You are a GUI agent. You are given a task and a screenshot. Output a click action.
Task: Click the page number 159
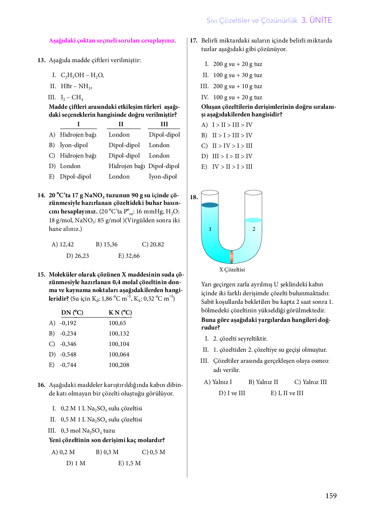pyautogui.click(x=331, y=496)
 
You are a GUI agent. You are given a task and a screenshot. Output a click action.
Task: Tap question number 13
pyautogui.click(x=41, y=60)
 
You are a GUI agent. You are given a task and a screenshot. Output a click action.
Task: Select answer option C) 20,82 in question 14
pyautogui.click(x=153, y=244)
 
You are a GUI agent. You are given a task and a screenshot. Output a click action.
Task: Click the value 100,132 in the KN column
pyautogui.click(x=119, y=334)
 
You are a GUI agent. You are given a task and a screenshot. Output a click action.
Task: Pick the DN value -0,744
pyautogui.click(x=68, y=365)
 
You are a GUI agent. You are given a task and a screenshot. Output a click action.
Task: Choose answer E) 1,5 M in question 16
pyautogui.click(x=129, y=463)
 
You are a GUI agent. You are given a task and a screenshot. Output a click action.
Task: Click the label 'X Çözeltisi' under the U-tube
pyautogui.click(x=232, y=270)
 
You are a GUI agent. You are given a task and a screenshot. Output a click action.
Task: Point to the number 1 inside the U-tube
pyautogui.click(x=210, y=229)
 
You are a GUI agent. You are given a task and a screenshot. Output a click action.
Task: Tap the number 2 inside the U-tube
pyautogui.click(x=254, y=229)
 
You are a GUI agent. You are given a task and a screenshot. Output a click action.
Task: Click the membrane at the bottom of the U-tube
pyautogui.click(x=232, y=257)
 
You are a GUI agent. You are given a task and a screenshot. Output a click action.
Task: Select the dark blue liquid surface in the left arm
pyautogui.click(x=210, y=205)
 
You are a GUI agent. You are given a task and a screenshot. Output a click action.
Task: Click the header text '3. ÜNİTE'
pyautogui.click(x=317, y=20)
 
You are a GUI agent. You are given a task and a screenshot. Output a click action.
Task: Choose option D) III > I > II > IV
pyautogui.click(x=227, y=156)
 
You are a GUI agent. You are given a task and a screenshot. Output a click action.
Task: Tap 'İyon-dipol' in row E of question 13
pyautogui.click(x=163, y=177)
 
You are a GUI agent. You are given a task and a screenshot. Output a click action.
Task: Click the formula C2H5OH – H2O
pyautogui.click(x=82, y=75)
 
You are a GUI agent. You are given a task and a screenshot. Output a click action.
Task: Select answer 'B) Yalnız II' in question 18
pyautogui.click(x=263, y=382)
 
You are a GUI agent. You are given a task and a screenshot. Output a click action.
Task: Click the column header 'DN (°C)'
pyautogui.click(x=72, y=313)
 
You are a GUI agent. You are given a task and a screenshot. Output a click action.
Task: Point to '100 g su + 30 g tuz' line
pyautogui.click(x=238, y=75)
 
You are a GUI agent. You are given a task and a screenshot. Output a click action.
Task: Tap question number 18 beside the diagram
pyautogui.click(x=194, y=197)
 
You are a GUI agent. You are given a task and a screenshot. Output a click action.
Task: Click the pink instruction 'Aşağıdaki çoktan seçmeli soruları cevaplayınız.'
pyautogui.click(x=112, y=41)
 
